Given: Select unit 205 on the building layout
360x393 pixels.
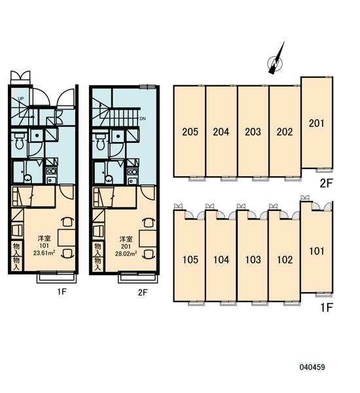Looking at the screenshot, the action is (x=190, y=132).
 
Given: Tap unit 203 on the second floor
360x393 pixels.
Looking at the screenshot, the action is (x=253, y=132).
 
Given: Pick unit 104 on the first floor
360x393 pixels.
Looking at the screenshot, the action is (x=221, y=259).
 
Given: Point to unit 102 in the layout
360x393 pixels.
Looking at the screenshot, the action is (x=285, y=259).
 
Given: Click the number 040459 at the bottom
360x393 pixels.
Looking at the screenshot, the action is (x=312, y=367).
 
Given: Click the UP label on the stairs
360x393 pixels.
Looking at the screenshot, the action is (x=21, y=98).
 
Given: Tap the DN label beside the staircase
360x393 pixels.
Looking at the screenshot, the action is (x=143, y=119).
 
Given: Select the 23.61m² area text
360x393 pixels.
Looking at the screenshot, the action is (x=45, y=253).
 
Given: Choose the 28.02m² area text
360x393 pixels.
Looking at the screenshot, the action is (x=126, y=253).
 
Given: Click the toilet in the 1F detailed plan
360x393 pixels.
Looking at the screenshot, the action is (x=19, y=141).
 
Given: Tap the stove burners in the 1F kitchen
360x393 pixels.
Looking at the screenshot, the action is (x=52, y=171).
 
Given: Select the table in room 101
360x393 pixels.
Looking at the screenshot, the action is (x=66, y=237).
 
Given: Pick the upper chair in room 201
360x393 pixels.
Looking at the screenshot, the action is (x=149, y=222).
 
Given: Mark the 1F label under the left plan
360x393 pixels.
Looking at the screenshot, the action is (x=62, y=291).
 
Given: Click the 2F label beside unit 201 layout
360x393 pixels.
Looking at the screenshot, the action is (x=326, y=183).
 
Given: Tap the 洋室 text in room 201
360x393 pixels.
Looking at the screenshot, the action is (x=126, y=238).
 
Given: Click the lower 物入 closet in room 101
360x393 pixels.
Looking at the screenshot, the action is (x=16, y=263).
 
